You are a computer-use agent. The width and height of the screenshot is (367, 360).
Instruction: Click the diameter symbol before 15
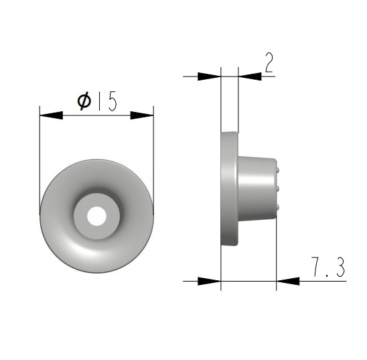(84, 101)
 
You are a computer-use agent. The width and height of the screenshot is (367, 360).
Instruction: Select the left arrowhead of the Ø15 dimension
(52, 115)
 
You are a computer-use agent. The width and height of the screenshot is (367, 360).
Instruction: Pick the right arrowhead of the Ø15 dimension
(142, 115)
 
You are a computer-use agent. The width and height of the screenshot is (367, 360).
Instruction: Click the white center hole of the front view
(96, 216)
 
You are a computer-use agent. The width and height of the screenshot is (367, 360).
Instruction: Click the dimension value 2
(269, 62)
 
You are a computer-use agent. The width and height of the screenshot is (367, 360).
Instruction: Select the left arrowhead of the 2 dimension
(209, 76)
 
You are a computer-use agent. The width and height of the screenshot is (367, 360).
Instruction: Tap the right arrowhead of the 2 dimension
(250, 76)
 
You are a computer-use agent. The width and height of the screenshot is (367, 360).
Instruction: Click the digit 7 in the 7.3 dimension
(317, 266)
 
